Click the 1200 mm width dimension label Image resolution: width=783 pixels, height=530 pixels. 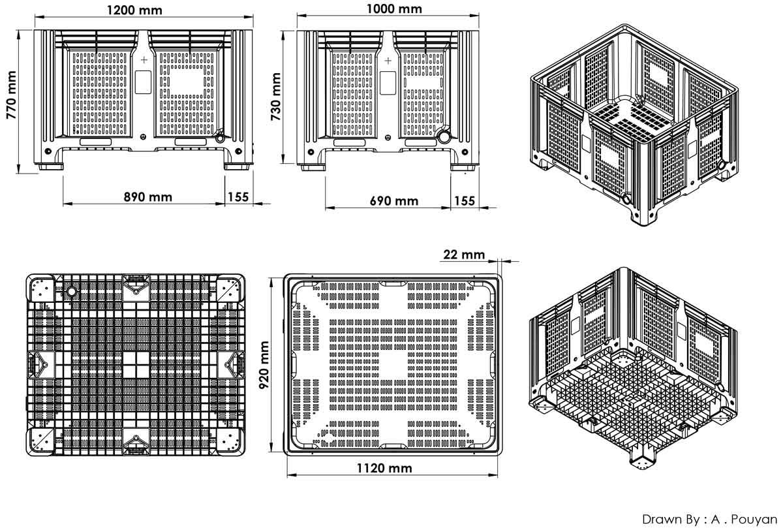(134, 10)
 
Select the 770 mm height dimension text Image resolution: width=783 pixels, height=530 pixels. (11, 95)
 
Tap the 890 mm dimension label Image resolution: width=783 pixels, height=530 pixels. (148, 197)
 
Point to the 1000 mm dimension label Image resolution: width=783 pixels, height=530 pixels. (394, 8)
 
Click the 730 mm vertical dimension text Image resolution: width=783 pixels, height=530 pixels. (276, 97)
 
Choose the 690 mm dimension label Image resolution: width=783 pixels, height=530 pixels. (394, 201)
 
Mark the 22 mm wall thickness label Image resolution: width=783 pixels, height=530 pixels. (464, 255)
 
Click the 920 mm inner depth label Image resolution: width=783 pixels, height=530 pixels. (264, 365)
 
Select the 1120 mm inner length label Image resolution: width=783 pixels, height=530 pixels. (384, 468)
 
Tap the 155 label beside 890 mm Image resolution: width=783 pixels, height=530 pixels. (238, 197)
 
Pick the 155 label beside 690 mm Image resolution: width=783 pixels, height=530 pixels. (465, 201)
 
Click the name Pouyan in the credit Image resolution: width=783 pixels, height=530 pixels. (754, 519)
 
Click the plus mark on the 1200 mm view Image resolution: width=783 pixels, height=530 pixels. (144, 60)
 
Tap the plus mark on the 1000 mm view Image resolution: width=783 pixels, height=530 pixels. (388, 61)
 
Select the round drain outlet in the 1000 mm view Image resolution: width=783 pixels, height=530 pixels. (444, 136)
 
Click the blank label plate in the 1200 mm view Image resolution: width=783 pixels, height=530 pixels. (144, 82)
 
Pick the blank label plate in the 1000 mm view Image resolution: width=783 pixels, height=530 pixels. (388, 83)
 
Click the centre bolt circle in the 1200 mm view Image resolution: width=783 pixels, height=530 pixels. (143, 136)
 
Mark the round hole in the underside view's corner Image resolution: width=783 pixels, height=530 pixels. (71, 291)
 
